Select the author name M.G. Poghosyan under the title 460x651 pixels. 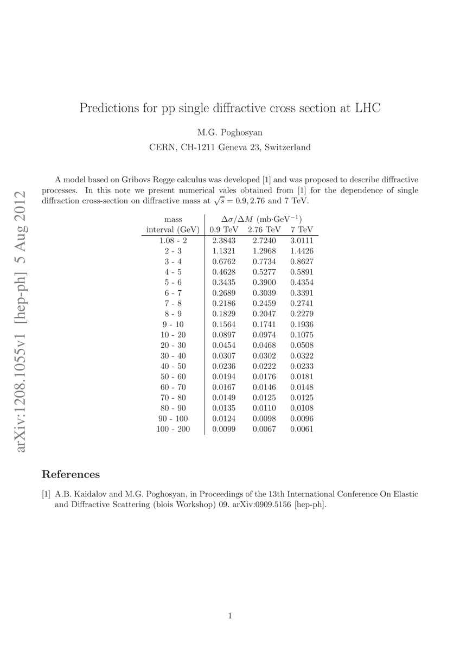(x=230, y=132)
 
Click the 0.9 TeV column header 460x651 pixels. (x=223, y=229)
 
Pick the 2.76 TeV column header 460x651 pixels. (x=264, y=229)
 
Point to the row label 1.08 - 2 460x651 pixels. (x=173, y=240)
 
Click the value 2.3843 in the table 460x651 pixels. (x=223, y=240)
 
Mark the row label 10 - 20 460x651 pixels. (x=173, y=335)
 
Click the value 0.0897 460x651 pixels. (x=223, y=335)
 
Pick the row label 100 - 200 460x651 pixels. (x=173, y=429)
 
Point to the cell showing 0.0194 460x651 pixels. (x=223, y=377)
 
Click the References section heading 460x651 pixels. (x=71, y=475)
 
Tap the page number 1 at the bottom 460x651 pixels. (x=231, y=616)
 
